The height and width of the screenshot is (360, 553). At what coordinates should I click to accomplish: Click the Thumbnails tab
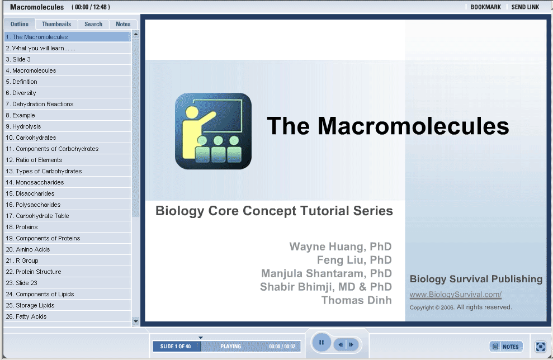(x=56, y=24)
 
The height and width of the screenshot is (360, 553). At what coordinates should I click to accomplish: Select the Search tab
(x=93, y=24)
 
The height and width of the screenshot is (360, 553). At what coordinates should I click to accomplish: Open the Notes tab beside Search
(x=123, y=24)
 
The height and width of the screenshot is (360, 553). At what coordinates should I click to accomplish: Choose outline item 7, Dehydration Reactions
(x=40, y=104)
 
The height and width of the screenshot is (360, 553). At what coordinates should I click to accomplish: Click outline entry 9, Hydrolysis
(x=23, y=126)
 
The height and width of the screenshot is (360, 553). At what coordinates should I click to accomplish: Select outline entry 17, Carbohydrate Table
(x=37, y=216)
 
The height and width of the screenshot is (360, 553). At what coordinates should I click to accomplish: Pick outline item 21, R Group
(x=22, y=260)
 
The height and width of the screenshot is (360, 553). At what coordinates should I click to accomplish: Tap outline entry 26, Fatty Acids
(x=26, y=316)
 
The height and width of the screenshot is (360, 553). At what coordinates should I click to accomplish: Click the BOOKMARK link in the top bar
(x=486, y=7)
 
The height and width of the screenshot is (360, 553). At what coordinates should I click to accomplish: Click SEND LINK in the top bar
(x=525, y=7)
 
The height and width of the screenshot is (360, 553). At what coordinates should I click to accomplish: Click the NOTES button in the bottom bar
(x=506, y=347)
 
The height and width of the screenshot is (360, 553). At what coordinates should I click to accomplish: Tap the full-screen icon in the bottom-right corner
(x=540, y=347)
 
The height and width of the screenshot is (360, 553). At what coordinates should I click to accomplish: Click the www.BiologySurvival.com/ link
(x=455, y=295)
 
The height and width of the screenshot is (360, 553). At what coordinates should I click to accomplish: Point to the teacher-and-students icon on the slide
(x=214, y=131)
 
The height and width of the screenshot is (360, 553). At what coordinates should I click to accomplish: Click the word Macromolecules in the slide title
(x=413, y=126)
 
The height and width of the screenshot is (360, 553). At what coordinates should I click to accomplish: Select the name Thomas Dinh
(x=356, y=300)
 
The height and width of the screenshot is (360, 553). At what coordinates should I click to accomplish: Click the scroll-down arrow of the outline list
(x=136, y=321)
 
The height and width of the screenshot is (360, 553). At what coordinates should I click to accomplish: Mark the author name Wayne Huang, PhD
(x=341, y=247)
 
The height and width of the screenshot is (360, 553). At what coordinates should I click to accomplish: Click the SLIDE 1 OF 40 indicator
(x=176, y=346)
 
